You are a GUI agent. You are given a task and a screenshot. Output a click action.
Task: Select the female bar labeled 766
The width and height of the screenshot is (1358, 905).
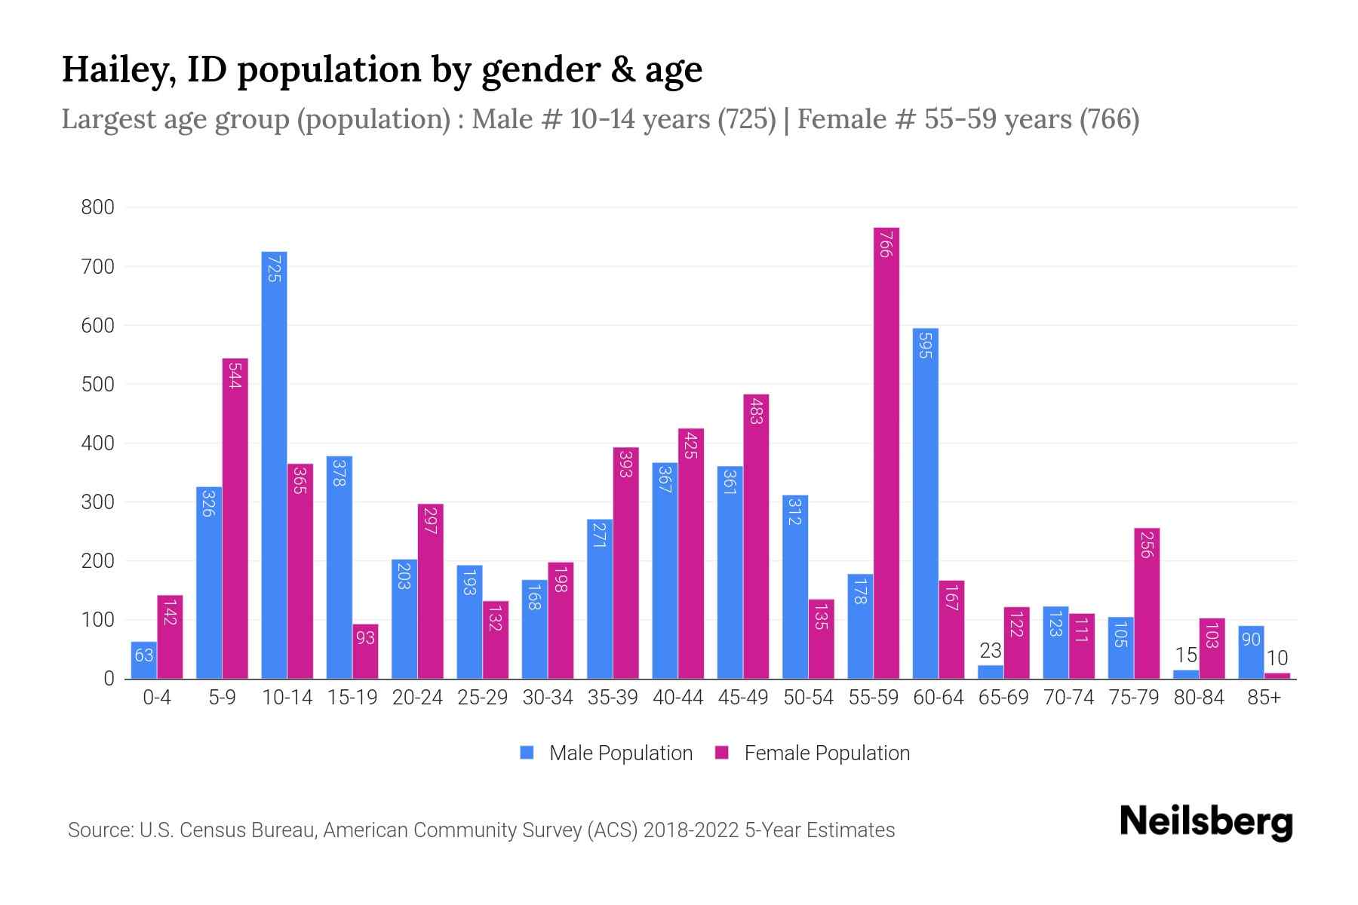[x=886, y=452]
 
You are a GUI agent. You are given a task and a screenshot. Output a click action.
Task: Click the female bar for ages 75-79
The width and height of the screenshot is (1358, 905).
[x=1146, y=603]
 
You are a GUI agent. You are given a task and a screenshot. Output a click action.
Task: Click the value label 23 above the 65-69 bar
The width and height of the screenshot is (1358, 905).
[x=990, y=650]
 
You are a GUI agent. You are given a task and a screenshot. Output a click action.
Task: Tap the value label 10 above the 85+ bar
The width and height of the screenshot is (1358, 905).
[x=1277, y=658]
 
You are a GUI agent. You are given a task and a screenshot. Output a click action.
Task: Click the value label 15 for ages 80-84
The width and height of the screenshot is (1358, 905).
[x=1185, y=655]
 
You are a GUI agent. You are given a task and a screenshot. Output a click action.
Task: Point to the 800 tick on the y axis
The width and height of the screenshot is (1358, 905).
[x=98, y=207]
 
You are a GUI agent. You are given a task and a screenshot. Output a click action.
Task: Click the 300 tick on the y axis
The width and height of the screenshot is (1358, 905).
[x=98, y=502]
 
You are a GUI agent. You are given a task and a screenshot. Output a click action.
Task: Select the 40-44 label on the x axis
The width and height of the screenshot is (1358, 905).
[x=677, y=698]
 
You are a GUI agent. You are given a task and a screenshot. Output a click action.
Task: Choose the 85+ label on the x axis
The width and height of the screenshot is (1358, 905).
[x=1264, y=698]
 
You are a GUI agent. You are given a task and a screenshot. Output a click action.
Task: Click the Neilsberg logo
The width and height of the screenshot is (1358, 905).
[x=1206, y=822]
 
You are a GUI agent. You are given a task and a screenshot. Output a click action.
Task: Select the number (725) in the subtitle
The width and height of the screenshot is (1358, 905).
[x=746, y=119]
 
